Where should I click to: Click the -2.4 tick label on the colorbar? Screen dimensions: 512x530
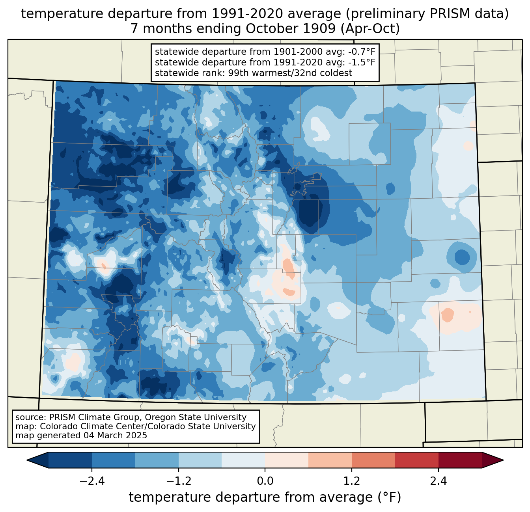(x=92, y=481)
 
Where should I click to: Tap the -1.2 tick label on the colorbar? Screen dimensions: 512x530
(x=178, y=481)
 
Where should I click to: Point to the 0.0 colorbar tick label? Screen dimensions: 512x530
(x=265, y=481)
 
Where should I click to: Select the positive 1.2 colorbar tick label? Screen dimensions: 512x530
(x=352, y=481)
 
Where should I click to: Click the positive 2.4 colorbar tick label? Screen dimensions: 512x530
(x=438, y=481)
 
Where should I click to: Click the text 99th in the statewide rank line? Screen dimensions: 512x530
(x=238, y=73)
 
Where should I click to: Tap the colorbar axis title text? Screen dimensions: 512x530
(x=265, y=497)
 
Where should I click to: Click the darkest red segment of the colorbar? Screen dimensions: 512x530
(x=460, y=460)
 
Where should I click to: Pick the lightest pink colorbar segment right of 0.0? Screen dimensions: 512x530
(x=287, y=460)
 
